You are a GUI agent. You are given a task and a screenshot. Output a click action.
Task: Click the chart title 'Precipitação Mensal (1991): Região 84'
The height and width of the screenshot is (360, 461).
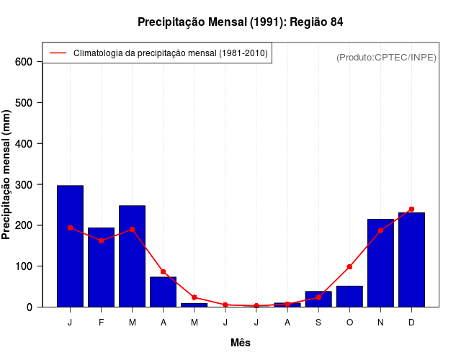coord(240,22)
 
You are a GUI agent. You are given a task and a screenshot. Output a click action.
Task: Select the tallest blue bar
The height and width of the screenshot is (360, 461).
coord(70,246)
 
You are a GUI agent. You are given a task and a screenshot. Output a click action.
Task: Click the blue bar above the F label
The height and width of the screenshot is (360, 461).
coord(101,267)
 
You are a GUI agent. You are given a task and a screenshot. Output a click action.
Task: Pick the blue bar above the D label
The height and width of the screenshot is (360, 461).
coord(411,259)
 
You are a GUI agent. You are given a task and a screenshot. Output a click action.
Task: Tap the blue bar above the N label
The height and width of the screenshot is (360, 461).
coord(380,263)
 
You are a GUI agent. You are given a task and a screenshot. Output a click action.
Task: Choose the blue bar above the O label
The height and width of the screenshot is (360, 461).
coord(349,296)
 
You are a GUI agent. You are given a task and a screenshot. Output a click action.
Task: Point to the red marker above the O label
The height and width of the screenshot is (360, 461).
coord(349,266)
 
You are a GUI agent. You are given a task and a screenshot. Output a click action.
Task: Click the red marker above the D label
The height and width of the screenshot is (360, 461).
coord(411,209)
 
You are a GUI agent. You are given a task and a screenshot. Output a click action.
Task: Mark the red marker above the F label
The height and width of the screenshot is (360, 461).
coord(101,240)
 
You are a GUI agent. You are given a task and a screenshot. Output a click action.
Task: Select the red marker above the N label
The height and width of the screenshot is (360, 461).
coord(380,230)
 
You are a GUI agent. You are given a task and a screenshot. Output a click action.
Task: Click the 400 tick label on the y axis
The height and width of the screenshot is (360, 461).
coord(24,144)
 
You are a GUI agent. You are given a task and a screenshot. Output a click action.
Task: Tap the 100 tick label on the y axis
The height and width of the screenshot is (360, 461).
coord(24,266)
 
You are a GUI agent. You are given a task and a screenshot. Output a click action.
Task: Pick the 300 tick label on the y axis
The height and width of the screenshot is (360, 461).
coord(24,185)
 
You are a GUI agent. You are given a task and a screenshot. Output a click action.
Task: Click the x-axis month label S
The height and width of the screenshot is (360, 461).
coord(318,323)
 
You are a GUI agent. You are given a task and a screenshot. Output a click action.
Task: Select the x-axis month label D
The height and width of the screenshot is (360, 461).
coord(411,323)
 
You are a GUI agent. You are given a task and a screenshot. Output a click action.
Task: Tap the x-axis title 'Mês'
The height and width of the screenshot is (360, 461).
coord(241,343)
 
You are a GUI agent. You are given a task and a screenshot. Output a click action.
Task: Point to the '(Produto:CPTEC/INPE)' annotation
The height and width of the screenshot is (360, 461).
coord(386,57)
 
